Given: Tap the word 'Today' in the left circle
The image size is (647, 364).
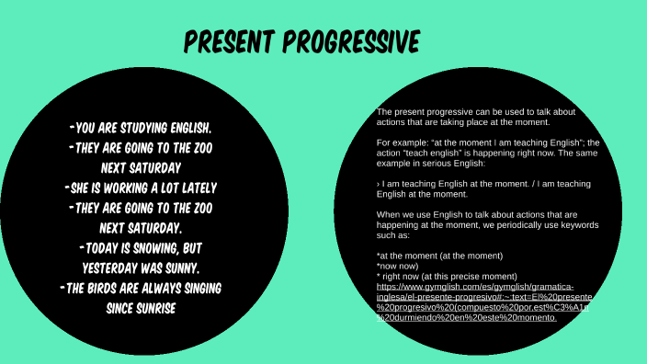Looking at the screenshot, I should [106, 248].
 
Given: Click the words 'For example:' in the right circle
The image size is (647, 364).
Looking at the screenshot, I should [402, 142].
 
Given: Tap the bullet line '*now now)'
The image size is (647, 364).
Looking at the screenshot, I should [396, 266].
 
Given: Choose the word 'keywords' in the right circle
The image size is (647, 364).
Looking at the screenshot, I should [573, 224].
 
